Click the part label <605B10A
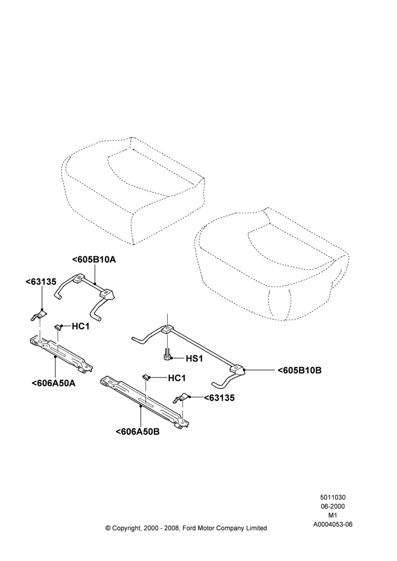click(94, 260)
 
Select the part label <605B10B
click(299, 370)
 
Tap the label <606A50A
click(54, 383)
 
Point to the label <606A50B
click(138, 431)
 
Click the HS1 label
click(194, 358)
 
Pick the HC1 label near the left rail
click(81, 327)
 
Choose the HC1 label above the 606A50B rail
click(177, 378)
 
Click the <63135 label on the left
click(41, 282)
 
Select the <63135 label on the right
click(219, 398)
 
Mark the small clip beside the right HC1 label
click(146, 377)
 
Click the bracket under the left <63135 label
click(37, 315)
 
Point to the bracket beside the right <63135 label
click(182, 398)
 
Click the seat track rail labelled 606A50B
click(145, 401)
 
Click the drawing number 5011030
click(333, 497)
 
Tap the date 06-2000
click(333, 506)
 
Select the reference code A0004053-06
click(333, 525)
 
